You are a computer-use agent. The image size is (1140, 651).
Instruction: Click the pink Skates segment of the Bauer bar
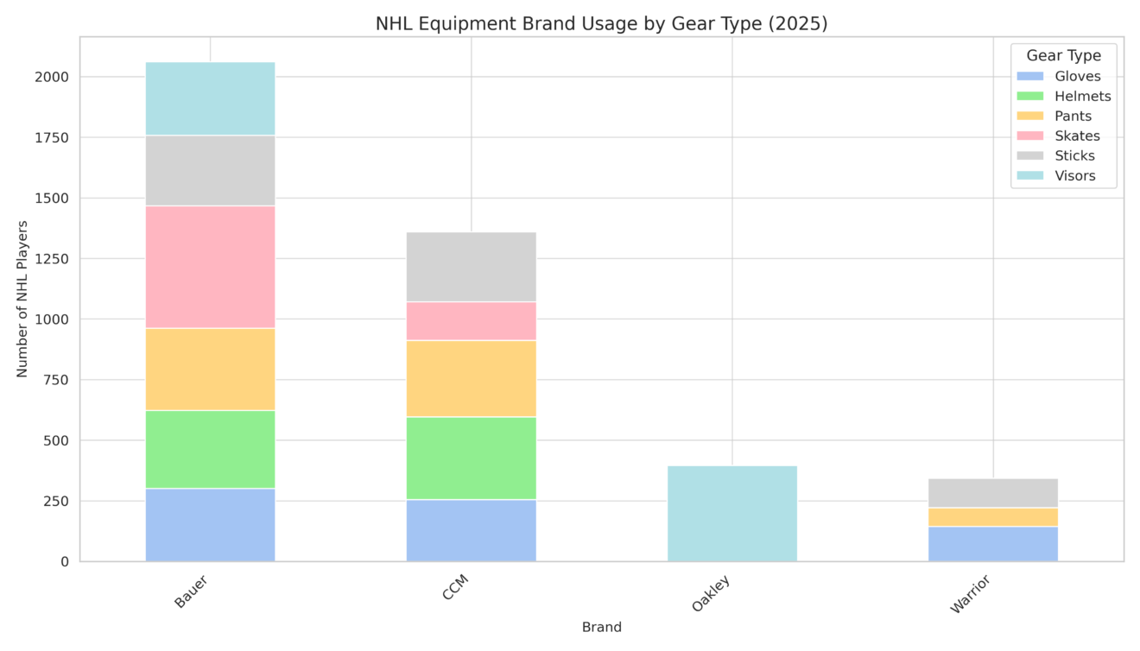[x=210, y=267]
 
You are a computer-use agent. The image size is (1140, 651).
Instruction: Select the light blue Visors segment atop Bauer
[x=210, y=98]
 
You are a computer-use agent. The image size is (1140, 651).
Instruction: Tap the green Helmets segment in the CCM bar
[x=471, y=458]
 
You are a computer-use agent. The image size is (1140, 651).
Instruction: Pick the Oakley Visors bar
[x=731, y=514]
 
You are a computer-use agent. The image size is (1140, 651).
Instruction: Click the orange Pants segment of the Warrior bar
[x=992, y=517]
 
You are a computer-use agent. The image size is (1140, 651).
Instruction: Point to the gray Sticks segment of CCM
[x=471, y=267]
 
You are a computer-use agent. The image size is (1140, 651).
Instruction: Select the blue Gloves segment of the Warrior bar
[x=992, y=544]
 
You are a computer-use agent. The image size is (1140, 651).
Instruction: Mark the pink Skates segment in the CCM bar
[x=471, y=321]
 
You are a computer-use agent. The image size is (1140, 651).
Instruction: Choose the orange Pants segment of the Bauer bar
[x=210, y=370]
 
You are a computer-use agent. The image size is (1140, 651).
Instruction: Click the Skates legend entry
[x=1077, y=136]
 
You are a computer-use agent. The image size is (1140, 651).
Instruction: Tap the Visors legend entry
[x=1074, y=176]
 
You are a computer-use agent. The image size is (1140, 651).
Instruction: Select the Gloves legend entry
[x=1077, y=76]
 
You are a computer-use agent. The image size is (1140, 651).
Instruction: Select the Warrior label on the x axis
[x=970, y=595]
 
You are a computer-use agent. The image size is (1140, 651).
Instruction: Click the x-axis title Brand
[x=601, y=628]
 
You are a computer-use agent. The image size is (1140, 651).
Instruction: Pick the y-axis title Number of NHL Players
[x=22, y=299]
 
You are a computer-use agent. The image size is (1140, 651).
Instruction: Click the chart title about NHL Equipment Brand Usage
[x=601, y=24]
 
